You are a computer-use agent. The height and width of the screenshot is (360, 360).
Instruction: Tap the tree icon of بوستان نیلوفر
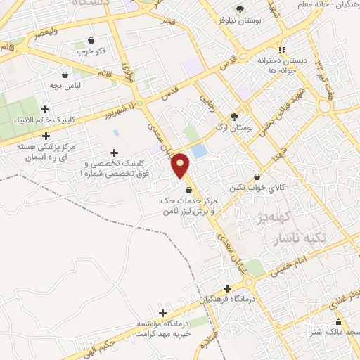pyautogui.click(x=240, y=9)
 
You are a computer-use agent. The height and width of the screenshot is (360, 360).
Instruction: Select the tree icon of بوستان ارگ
pyautogui.click(x=234, y=117)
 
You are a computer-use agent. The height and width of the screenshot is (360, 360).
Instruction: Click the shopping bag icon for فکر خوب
pyautogui.click(x=91, y=41)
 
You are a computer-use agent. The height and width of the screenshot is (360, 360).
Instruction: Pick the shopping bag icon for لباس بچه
pyautogui.click(x=65, y=75)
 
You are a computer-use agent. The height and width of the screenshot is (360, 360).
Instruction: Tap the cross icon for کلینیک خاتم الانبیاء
pyautogui.click(x=45, y=109)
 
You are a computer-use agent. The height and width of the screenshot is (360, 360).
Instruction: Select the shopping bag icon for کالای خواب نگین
pyautogui.click(x=257, y=176)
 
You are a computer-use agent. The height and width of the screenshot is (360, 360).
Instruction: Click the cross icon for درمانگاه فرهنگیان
pyautogui.click(x=226, y=288)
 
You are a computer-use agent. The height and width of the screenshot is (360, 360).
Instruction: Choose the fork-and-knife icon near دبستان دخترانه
pyautogui.click(x=282, y=50)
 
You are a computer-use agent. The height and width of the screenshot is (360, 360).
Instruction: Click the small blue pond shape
pyautogui.click(x=200, y=150)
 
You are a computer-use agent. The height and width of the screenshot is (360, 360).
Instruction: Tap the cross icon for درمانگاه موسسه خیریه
pyautogui.click(x=163, y=313)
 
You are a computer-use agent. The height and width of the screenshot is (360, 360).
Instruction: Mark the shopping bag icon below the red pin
pyautogui.click(x=188, y=191)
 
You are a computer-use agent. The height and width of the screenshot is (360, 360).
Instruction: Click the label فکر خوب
pyautogui.click(x=91, y=51)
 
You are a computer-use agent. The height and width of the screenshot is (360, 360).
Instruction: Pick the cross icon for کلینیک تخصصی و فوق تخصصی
pyautogui.click(x=114, y=153)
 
